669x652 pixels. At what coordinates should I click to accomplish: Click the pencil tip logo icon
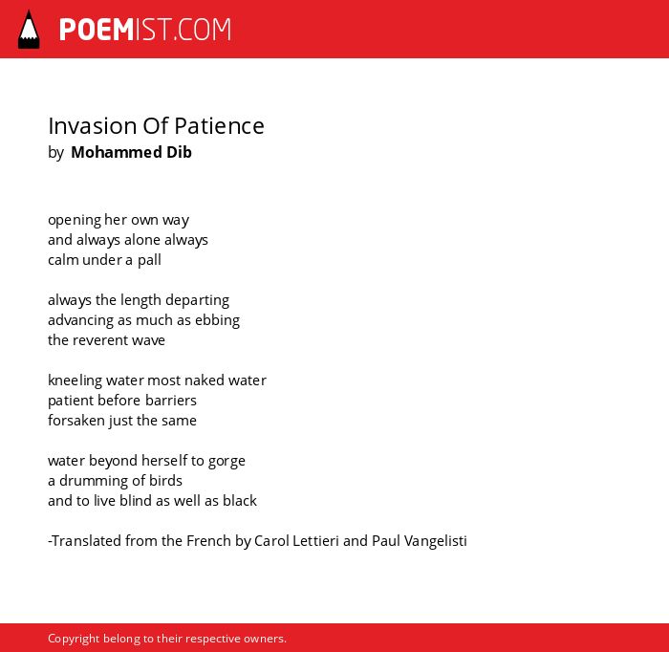(x=29, y=30)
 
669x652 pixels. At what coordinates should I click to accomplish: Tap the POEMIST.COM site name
(x=145, y=30)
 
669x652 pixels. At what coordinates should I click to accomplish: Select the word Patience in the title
(x=219, y=126)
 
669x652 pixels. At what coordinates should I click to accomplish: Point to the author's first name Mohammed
(x=117, y=152)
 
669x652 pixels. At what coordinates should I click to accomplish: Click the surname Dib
(x=180, y=152)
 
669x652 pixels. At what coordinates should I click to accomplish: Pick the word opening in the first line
(x=75, y=220)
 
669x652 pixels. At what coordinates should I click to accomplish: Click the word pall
(x=149, y=260)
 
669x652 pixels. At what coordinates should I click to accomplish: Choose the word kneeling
(x=76, y=380)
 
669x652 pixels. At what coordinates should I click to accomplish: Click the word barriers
(x=171, y=401)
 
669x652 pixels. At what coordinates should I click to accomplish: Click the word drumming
(x=93, y=481)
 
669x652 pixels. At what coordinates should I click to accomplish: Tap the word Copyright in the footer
(x=74, y=639)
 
